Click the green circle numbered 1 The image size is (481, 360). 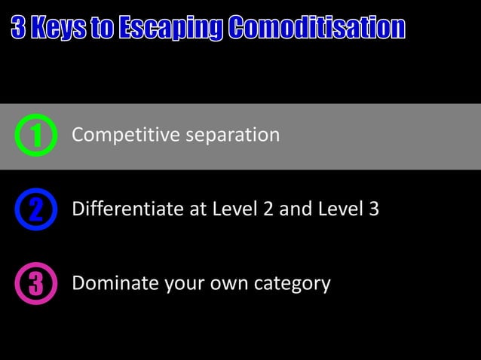[35, 136]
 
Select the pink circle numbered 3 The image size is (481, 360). [35, 285]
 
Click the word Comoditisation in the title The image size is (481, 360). [317, 29]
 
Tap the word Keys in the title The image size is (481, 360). [57, 29]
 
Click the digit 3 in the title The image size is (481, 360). [19, 29]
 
